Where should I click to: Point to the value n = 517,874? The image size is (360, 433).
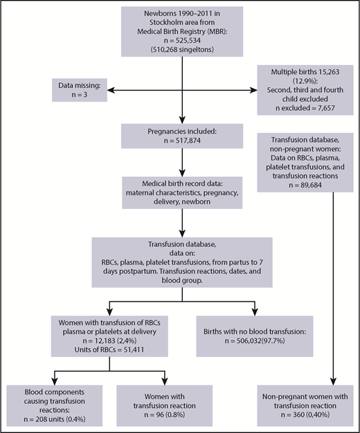[183, 137]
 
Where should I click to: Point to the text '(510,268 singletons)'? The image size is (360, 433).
[183, 59]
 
